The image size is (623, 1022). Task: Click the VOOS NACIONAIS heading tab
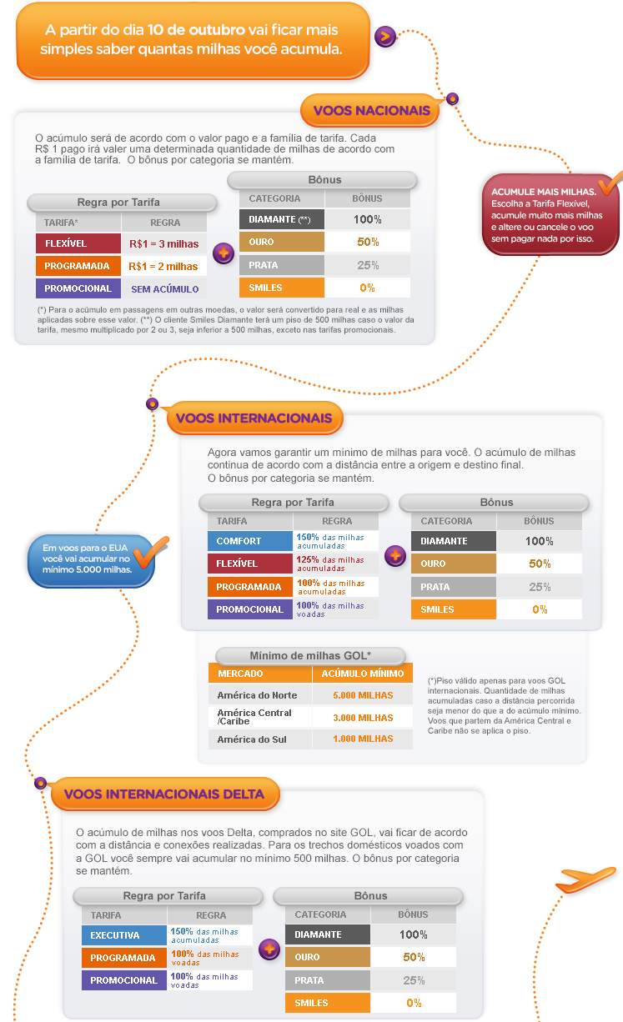coord(371,111)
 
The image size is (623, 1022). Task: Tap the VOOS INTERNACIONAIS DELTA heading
coord(163,794)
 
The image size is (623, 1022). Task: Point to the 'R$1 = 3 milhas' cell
coord(163,243)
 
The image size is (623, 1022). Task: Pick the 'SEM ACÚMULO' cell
coord(163,288)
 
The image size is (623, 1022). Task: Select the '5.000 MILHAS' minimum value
coord(362,695)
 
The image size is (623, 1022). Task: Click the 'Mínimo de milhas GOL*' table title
coord(310,655)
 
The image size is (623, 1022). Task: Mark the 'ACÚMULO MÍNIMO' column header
coord(362,674)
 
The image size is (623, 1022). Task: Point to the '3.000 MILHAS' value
coord(362,717)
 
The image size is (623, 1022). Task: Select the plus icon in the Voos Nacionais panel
coord(223,254)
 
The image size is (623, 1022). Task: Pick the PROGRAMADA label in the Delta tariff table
coord(123,958)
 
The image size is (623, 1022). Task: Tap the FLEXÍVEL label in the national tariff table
coord(78,243)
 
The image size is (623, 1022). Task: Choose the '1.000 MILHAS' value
coord(362,739)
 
